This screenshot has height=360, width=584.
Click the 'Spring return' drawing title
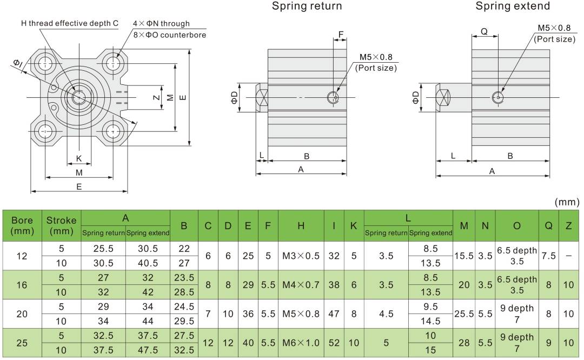[307, 6]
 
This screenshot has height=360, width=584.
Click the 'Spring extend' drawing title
[513, 6]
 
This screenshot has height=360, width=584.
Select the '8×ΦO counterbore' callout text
[170, 35]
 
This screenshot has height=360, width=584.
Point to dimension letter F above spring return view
[341, 35]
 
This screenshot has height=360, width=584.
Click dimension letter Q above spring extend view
[484, 31]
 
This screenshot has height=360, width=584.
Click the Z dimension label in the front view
[156, 98]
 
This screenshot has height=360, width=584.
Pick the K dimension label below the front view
[79, 158]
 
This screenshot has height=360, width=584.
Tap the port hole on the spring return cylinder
[334, 97]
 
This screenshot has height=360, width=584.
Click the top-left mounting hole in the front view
[45, 63]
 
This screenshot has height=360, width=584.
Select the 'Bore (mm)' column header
[22, 226]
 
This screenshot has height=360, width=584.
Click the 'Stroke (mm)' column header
[61, 226]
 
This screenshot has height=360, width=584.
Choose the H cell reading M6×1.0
[301, 343]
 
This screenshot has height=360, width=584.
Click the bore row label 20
[22, 314]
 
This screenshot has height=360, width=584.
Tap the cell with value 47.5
[148, 350]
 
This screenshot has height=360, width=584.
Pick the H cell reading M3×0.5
[301, 256]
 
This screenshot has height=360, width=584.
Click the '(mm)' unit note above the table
[567, 202]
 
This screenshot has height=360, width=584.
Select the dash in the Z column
[568, 256]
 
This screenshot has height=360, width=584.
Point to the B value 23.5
[184, 278]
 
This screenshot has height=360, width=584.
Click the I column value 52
[334, 343]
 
